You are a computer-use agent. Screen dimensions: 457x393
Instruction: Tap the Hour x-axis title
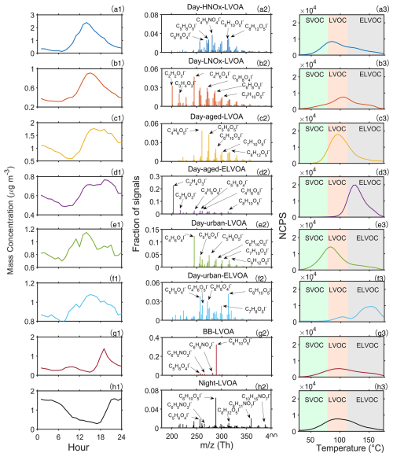click(78, 449)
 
